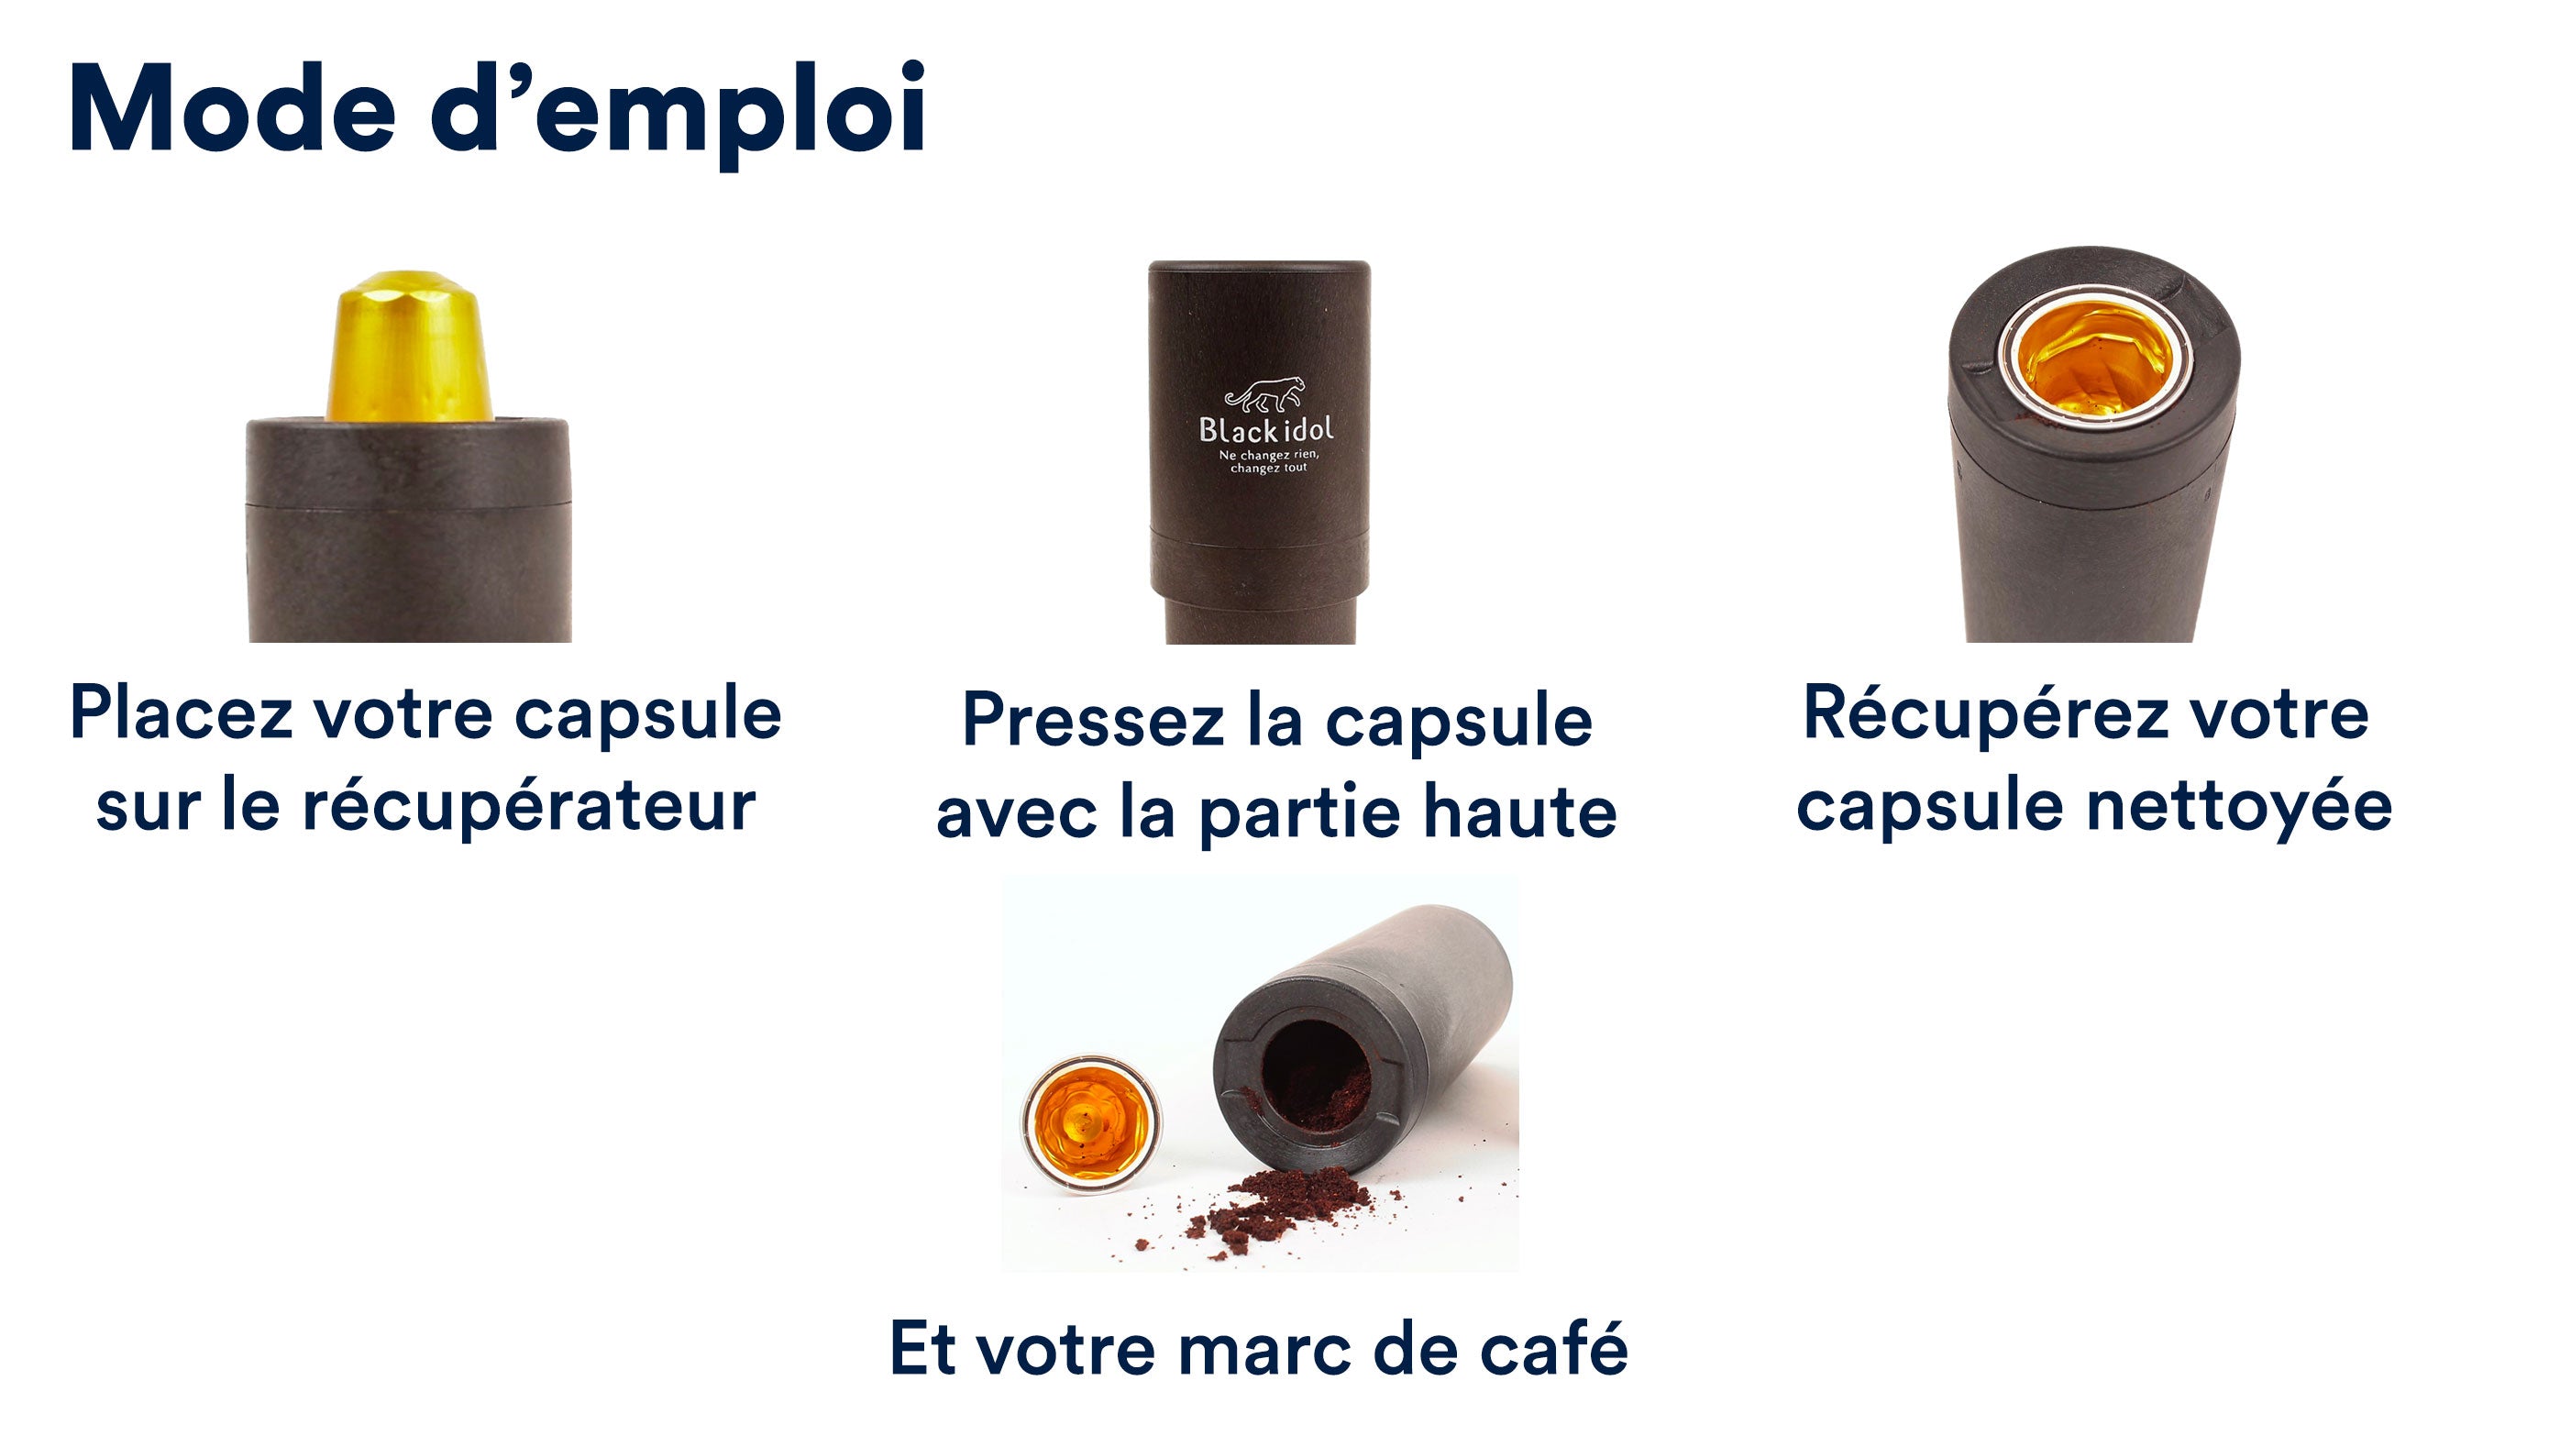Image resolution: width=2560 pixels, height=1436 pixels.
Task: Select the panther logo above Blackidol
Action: coord(1265,394)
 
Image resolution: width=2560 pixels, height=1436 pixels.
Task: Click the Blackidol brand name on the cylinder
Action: coord(1266,429)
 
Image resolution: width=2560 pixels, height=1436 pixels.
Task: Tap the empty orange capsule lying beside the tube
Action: coord(1091,1124)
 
